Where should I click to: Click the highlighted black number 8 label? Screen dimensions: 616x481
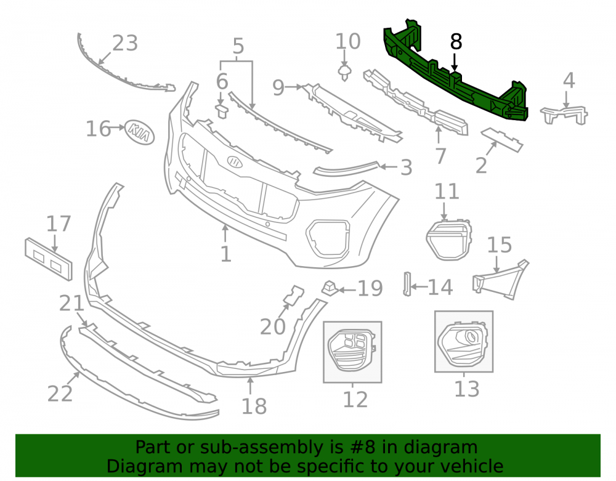pyautogui.click(x=456, y=41)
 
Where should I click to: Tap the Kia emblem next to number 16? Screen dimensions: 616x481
pyautogui.click(x=139, y=132)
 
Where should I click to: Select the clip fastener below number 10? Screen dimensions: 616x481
pyautogui.click(x=344, y=73)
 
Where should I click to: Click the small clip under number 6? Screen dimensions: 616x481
pyautogui.click(x=222, y=111)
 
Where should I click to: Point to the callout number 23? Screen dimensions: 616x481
pyautogui.click(x=125, y=42)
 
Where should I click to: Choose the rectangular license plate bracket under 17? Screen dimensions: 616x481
pyautogui.click(x=49, y=259)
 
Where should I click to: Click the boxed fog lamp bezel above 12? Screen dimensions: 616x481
pyautogui.click(x=352, y=350)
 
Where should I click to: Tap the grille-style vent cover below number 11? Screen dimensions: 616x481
pyautogui.click(x=448, y=239)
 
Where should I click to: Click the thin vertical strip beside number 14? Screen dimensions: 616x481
pyautogui.click(x=407, y=284)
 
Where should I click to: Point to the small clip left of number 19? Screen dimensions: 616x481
pyautogui.click(x=330, y=288)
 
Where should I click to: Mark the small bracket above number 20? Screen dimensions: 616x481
pyautogui.click(x=294, y=295)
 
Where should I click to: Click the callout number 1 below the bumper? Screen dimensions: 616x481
pyautogui.click(x=225, y=254)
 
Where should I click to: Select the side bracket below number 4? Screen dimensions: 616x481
pyautogui.click(x=564, y=115)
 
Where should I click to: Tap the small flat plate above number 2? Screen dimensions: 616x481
pyautogui.click(x=501, y=139)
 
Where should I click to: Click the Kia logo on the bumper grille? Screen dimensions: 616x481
pyautogui.click(x=235, y=162)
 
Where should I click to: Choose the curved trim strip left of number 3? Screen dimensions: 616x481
pyautogui.click(x=346, y=168)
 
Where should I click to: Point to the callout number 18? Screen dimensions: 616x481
pyautogui.click(x=254, y=406)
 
